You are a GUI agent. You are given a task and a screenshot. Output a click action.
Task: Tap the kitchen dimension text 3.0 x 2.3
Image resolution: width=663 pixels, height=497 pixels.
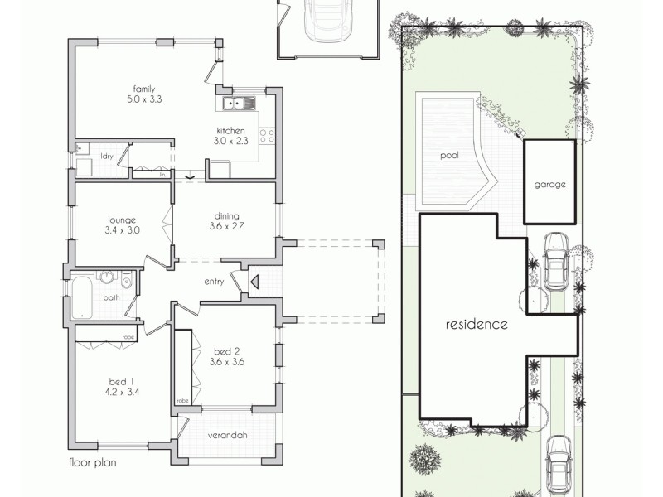[230, 142]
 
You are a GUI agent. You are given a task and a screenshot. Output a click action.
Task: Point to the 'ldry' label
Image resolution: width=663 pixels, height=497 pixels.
[107, 156]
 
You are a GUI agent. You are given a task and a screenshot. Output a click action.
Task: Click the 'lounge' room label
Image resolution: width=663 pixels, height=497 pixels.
[121, 220]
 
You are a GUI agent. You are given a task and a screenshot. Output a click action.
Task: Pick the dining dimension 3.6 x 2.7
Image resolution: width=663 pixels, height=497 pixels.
[225, 225]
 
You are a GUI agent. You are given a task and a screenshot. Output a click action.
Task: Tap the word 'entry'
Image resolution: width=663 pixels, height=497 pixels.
[214, 282]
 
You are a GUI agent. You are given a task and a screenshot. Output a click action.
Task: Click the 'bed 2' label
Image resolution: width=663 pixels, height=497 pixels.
[226, 350]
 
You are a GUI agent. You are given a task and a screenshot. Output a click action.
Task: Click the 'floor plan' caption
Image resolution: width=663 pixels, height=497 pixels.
[92, 464]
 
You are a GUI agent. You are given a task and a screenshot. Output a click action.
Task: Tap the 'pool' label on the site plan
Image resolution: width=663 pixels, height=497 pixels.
[449, 154]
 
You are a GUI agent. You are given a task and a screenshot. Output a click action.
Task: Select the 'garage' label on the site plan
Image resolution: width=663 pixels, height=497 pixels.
[549, 184]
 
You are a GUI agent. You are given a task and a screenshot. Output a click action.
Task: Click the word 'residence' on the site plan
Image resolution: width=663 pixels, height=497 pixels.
[477, 324]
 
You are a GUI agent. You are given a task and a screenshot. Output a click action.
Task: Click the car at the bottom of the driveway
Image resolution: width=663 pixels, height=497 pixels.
[558, 460]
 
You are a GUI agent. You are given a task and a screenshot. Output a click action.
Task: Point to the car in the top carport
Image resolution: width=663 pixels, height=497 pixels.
[327, 18]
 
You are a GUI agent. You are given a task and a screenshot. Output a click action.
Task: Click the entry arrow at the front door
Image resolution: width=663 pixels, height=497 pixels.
[254, 282]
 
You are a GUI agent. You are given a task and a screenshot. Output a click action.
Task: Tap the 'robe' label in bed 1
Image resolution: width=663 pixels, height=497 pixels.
[128, 337]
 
